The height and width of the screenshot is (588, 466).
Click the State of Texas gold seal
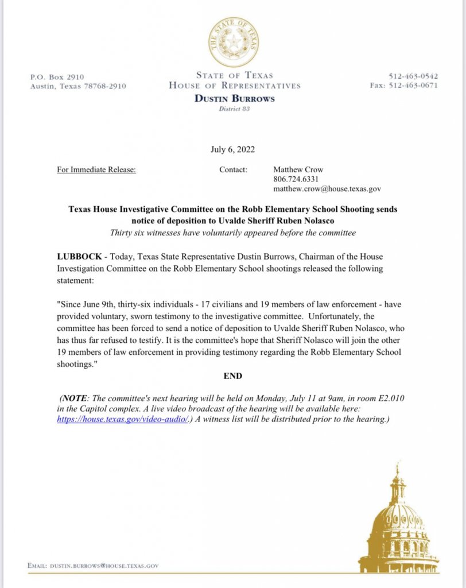pos(233,41)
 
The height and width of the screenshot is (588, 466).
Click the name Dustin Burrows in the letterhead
pos(234,98)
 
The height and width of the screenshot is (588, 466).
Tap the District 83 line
pos(234,109)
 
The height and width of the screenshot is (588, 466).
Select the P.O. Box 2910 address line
pos(57,76)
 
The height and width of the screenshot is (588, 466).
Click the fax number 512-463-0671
pos(404,86)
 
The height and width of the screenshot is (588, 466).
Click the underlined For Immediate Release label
pos(97,170)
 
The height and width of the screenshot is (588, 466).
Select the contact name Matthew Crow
pos(298,170)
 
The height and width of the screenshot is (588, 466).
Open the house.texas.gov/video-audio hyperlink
pos(123,420)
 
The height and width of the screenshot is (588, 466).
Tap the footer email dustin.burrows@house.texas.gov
pos(93,566)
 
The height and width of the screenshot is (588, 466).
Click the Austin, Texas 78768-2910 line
pos(77,86)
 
